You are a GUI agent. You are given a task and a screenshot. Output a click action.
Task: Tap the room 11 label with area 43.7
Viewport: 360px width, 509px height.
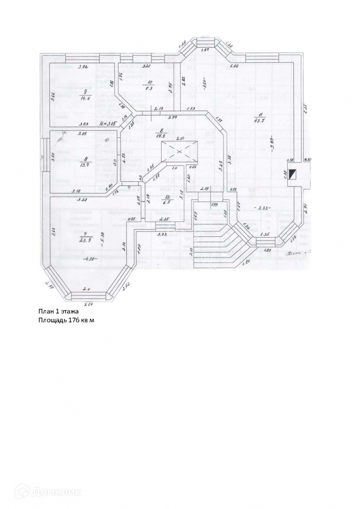click(x=261, y=120)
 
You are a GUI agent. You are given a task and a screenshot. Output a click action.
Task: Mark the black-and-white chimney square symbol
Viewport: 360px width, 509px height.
click(x=293, y=174)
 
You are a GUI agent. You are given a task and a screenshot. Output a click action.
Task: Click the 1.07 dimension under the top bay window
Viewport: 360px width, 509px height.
click(x=205, y=50)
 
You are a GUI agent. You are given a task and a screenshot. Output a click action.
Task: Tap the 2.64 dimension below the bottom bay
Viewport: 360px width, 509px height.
click(x=88, y=304)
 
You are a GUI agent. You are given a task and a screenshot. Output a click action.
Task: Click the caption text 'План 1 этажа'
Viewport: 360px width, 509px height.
click(x=59, y=311)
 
